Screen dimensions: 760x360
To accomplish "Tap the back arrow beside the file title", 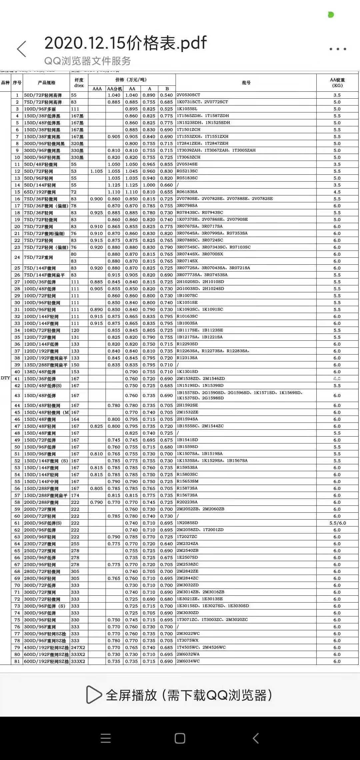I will pyautogui.click(x=22, y=49).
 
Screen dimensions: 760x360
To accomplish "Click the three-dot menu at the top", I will pyautogui.click(x=338, y=49).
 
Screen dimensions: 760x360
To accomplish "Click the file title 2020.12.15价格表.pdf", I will pyautogui.click(x=125, y=43).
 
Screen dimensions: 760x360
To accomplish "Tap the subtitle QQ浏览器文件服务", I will pyautogui.click(x=88, y=61).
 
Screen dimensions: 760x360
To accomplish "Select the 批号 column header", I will pyautogui.click(x=246, y=83).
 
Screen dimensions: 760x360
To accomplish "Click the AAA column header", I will pyautogui.click(x=97, y=89).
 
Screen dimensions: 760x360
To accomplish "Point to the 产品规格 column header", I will pyautogui.click(x=46, y=83).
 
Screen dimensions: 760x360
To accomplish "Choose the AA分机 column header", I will pyautogui.click(x=114, y=89).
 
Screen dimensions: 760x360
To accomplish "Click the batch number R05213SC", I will pyautogui.click(x=187, y=171).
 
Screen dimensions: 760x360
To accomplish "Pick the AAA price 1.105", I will pyautogui.click(x=97, y=171).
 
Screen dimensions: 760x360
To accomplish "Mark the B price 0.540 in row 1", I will pyautogui.click(x=166, y=95).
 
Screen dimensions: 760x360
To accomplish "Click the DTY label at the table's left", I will pyautogui.click(x=5, y=378).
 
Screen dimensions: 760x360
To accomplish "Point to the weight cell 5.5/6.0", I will pyautogui.click(x=337, y=523).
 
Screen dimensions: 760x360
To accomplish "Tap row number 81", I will pyautogui.click(x=17, y=661).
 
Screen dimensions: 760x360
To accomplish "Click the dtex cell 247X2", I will pyautogui.click(x=78, y=647).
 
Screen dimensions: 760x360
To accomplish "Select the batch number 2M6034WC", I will pyautogui.click(x=188, y=661).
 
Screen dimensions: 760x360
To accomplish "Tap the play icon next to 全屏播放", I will pyautogui.click(x=93, y=695).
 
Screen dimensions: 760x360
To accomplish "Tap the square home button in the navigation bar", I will pyautogui.click(x=180, y=738).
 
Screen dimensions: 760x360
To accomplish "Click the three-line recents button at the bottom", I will pyautogui.click(x=105, y=738).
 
